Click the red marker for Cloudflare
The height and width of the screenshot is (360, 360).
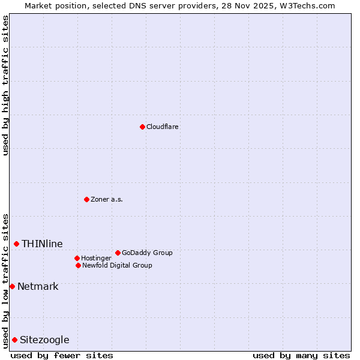(142, 127)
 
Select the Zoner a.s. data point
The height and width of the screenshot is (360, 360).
(86, 199)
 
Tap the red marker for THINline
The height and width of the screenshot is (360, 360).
(16, 244)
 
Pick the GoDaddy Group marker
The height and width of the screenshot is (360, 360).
(118, 253)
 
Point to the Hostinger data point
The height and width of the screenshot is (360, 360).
(77, 258)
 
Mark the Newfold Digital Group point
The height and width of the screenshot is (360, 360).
(78, 265)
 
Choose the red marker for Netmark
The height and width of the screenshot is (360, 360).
(12, 286)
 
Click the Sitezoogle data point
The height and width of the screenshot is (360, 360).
(14, 340)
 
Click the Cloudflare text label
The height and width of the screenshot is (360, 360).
(163, 127)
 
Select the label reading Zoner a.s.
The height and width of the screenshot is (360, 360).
(107, 199)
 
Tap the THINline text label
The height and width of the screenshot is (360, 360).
(42, 244)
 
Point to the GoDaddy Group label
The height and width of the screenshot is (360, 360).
(147, 253)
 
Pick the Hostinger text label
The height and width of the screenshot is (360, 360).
(96, 258)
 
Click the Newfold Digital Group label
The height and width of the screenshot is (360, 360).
(117, 265)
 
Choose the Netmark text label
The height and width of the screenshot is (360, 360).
(38, 286)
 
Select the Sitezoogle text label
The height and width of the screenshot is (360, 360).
(44, 340)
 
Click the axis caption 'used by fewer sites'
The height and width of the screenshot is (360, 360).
(62, 355)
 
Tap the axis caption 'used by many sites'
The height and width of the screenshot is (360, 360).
(301, 355)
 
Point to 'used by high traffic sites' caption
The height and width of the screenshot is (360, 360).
(5, 85)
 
